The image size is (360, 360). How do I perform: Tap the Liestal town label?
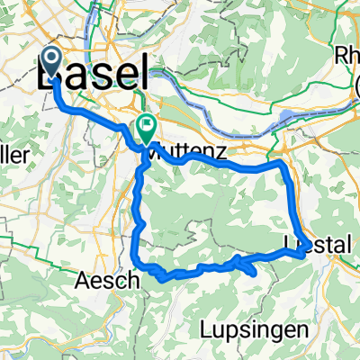pyautogui.click(x=317, y=244)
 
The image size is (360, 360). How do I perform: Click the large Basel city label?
pyautogui.click(x=93, y=74)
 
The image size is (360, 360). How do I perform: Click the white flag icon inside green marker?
pyautogui.click(x=145, y=125)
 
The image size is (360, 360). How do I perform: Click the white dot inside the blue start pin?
pyautogui.click(x=51, y=61)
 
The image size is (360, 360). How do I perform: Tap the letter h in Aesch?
pyautogui.click(x=134, y=280)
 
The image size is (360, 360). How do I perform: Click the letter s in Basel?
pyautogui.click(x=104, y=75)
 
